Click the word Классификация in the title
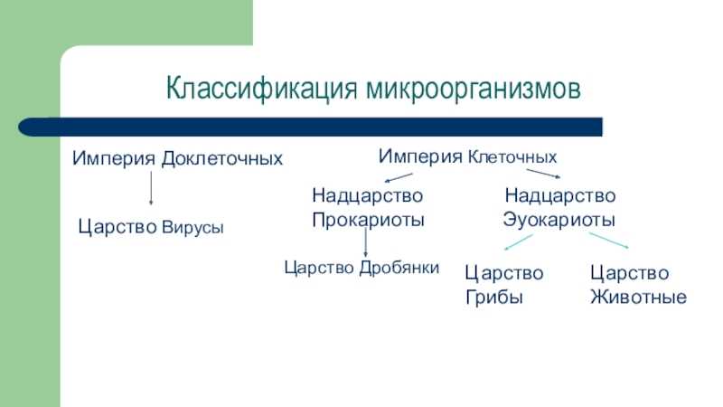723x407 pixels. pos(262,88)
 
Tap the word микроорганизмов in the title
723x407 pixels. pos(474,88)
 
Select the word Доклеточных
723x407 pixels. pos(221,158)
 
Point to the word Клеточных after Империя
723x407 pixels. pos(512,156)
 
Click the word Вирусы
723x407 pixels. pos(192,227)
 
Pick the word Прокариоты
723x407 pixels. pos(368,220)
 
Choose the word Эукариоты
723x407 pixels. pos(559,220)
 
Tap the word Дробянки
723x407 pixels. pos(399,268)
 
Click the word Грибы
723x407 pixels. pos(493,298)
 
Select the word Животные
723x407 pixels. pos(639,297)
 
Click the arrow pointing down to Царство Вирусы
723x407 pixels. pos(151,188)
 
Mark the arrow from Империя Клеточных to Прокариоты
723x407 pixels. pos(399,177)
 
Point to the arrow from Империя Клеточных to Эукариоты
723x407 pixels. pos(544,174)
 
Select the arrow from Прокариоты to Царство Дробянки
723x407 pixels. pos(366,242)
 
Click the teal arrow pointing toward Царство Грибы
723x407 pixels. pos(518,242)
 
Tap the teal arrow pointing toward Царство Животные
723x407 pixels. pos(608,241)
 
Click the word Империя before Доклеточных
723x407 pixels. pos(114,158)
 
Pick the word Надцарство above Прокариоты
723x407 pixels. pos(368,195)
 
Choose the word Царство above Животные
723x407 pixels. pos(630,273)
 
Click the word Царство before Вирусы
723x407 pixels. pos(117,227)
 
